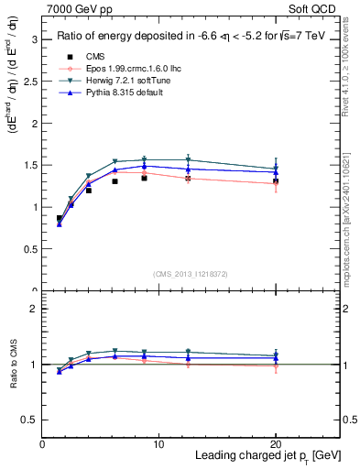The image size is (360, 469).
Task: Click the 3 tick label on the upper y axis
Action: click(34, 39)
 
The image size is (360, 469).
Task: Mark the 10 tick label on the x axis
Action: click(158, 444)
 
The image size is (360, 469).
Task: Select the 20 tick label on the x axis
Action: click(275, 444)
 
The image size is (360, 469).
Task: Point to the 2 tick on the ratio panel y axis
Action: click(34, 310)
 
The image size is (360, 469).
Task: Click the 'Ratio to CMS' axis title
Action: click(12, 365)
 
